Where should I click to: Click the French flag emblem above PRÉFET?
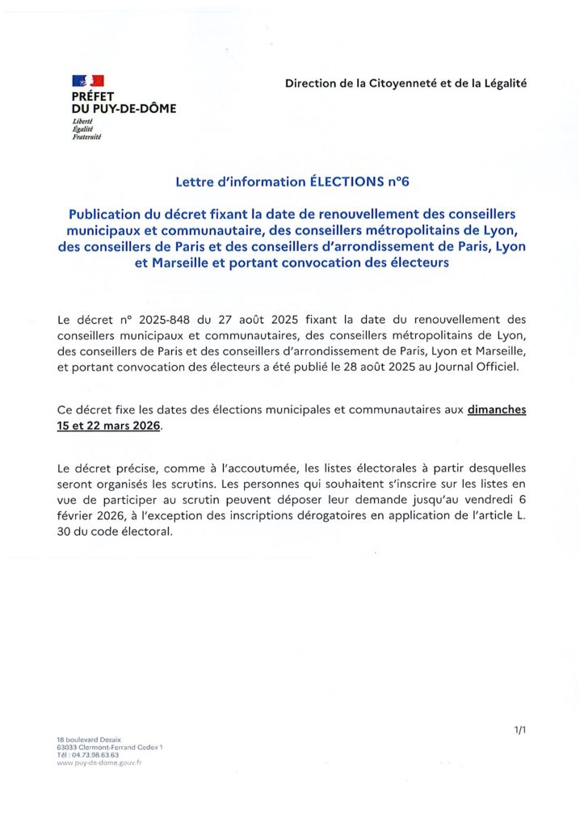click(88, 80)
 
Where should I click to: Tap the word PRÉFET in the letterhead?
click(92, 95)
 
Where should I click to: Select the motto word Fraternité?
click(87, 136)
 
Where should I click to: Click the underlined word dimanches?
click(496, 409)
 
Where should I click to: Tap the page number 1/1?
click(519, 730)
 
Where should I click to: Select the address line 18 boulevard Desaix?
click(89, 740)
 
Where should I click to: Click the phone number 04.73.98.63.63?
click(94, 754)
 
